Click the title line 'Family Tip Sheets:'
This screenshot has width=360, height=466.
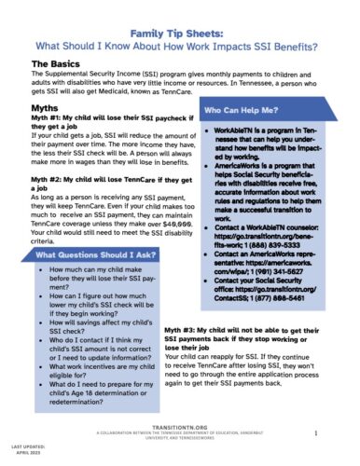pyautogui.click(x=180, y=29)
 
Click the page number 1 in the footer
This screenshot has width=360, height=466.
pyautogui.click(x=318, y=434)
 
